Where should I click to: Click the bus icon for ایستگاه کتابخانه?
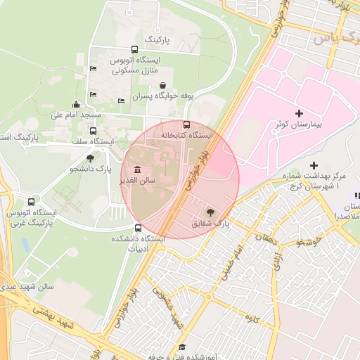pyautogui.click(x=186, y=124)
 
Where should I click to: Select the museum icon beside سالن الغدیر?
pyautogui.click(x=135, y=170)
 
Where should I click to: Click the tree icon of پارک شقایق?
pyautogui.click(x=210, y=212)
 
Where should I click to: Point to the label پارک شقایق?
pyautogui.click(x=210, y=224)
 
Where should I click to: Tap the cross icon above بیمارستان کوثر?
pyautogui.click(x=300, y=113)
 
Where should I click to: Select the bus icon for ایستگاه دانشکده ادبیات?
pyautogui.click(x=138, y=228)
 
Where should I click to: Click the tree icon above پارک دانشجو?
pyautogui.click(x=90, y=157)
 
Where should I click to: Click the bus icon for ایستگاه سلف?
pyautogui.click(x=93, y=131)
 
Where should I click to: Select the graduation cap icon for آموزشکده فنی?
pyautogui.click(x=182, y=347)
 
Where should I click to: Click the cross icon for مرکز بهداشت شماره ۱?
pyautogui.click(x=314, y=165)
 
